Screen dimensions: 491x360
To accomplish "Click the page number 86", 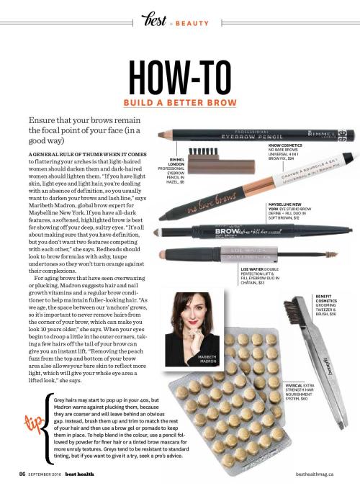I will [22, 474].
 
